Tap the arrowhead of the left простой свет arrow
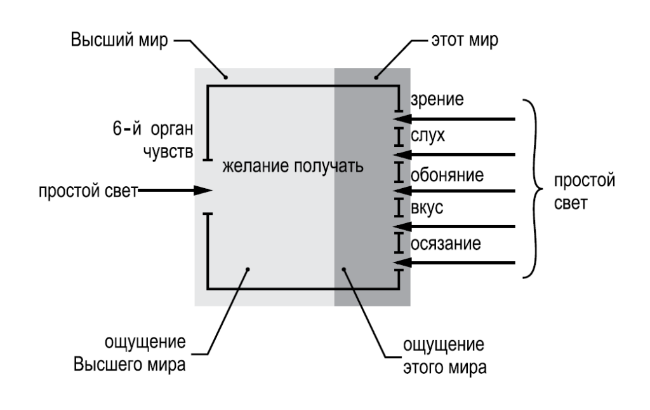(204, 190)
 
